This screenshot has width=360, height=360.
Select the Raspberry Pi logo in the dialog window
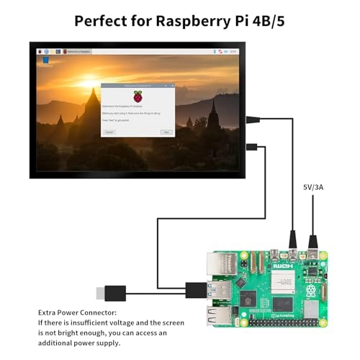138,96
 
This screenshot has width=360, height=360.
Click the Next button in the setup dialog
166,132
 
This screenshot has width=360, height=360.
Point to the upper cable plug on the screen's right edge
253,120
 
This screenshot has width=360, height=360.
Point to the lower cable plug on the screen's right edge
252,147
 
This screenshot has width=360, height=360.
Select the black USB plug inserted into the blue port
195,289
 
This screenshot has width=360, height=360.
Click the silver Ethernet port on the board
218,264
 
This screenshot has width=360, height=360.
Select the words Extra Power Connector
78,313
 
